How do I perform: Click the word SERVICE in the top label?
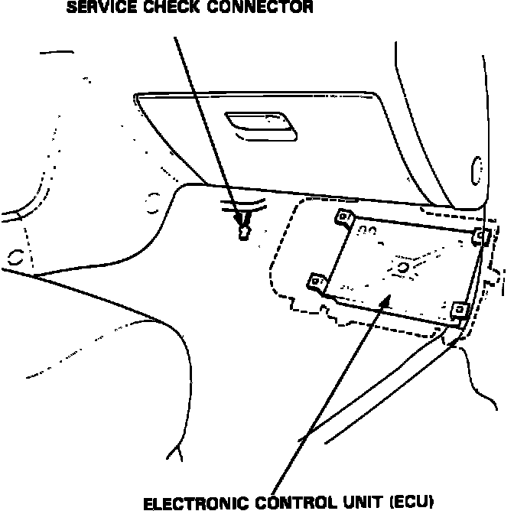(98, 9)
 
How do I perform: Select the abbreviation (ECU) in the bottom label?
(413, 503)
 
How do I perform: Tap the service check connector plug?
(243, 229)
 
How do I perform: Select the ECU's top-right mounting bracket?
(480, 236)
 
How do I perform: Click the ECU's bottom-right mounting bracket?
(459, 310)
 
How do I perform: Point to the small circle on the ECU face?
(403, 267)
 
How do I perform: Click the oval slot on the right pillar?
(477, 170)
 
